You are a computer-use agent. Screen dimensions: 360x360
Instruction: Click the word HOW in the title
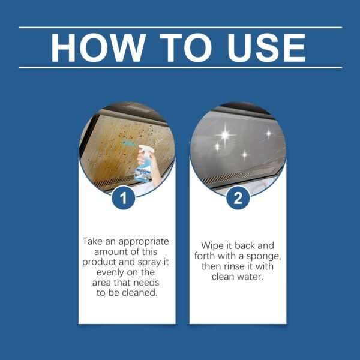(97, 48)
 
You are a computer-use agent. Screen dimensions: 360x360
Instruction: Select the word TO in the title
(181, 48)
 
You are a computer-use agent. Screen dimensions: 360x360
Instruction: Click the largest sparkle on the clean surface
(224, 135)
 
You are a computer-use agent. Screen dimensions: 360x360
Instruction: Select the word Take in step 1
(93, 241)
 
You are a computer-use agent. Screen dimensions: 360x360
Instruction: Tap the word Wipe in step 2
(210, 247)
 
